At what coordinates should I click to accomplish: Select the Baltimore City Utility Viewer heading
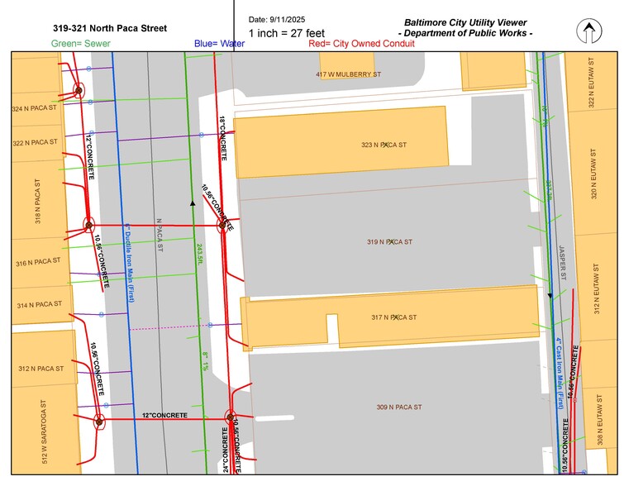pos(465,22)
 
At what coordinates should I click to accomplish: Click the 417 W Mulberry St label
pos(348,74)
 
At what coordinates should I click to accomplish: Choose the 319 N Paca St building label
pos(389,241)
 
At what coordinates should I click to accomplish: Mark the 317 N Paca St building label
pos(393,317)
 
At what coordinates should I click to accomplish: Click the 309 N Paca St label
pos(399,407)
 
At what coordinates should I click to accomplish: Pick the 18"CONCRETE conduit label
pos(223,136)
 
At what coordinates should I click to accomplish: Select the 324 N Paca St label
pos(34,108)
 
